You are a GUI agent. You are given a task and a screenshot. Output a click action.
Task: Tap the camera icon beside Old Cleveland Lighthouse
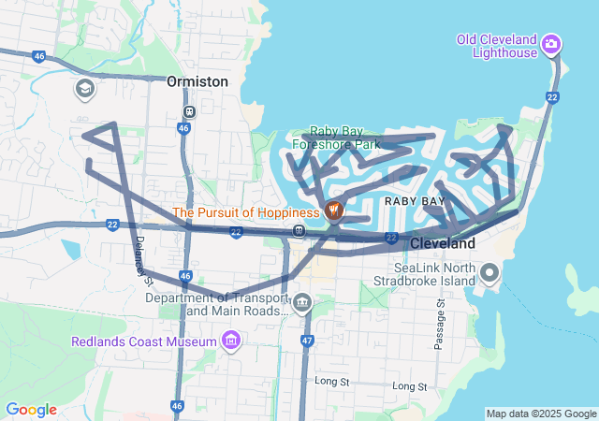pyautogui.click(x=552, y=43)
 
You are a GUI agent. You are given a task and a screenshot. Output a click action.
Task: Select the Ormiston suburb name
pyautogui.click(x=197, y=81)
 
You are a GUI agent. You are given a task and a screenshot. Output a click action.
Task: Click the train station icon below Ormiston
pyautogui.click(x=189, y=111)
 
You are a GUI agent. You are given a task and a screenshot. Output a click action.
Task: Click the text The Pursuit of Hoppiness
pyautogui.click(x=246, y=212)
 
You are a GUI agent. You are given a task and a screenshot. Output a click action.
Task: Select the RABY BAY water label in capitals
pyautogui.click(x=414, y=201)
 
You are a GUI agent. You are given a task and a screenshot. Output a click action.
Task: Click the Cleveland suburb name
pyautogui.click(x=443, y=243)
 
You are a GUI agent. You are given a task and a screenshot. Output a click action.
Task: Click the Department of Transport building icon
pyautogui.click(x=302, y=302)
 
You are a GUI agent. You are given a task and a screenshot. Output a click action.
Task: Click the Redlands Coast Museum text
pyautogui.click(x=144, y=341)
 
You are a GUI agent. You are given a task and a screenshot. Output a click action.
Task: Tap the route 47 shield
pyautogui.click(x=306, y=341)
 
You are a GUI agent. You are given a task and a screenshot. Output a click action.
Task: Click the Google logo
pyautogui.click(x=31, y=410)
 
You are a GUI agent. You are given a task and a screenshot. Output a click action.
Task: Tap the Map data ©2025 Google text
pyautogui.click(x=541, y=414)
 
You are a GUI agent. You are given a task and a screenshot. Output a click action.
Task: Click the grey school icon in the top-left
pyautogui.click(x=84, y=88)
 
